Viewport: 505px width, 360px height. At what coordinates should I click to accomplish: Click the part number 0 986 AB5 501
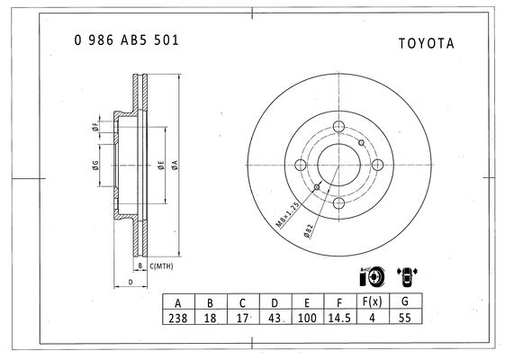[126, 40]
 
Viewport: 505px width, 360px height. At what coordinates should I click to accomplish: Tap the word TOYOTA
[427, 43]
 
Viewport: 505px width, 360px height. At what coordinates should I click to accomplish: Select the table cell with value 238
[178, 318]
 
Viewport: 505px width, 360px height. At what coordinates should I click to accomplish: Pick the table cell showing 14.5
[339, 318]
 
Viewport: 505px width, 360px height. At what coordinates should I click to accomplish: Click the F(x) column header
[373, 301]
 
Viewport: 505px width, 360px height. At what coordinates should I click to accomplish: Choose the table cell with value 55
[405, 318]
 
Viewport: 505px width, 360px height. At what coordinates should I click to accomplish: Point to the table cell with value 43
[275, 318]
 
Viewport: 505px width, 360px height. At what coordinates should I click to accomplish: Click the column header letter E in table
[307, 303]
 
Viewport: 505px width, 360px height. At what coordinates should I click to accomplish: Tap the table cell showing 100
[307, 318]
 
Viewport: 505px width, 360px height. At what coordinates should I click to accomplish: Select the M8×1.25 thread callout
[288, 215]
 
